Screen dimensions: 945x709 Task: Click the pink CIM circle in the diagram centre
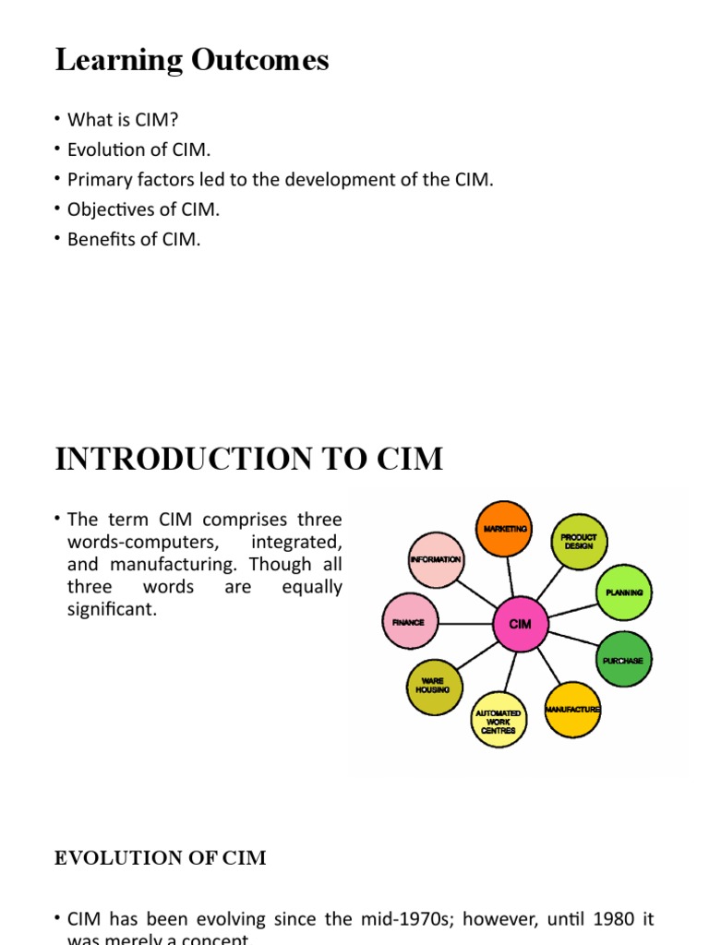tap(521, 624)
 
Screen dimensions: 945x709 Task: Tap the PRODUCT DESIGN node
tap(580, 542)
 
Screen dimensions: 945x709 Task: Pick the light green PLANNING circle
tap(624, 592)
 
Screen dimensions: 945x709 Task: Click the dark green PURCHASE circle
tap(623, 660)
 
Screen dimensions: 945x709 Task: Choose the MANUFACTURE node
tap(572, 709)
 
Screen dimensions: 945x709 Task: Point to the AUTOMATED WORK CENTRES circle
tap(498, 720)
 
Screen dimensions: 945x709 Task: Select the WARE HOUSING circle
tap(432, 686)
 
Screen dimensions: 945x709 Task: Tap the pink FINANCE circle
tap(408, 622)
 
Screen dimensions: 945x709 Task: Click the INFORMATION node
tap(436, 559)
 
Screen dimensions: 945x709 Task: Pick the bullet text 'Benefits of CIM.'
tap(134, 239)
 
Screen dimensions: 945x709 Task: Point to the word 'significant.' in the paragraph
tap(113, 610)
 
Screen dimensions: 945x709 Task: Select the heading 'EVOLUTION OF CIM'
tap(161, 858)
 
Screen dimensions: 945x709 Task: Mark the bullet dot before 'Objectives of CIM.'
tap(57, 209)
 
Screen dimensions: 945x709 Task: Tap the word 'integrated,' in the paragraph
tap(302, 541)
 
